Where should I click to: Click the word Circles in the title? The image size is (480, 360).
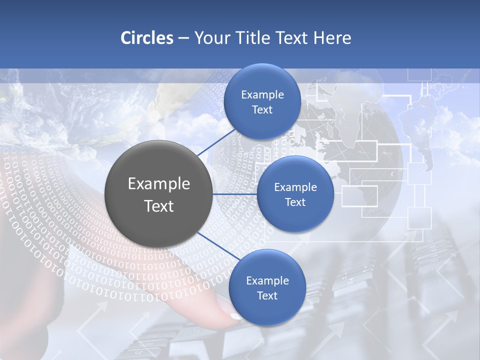click(x=147, y=38)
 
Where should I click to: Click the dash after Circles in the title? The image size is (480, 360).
click(x=183, y=38)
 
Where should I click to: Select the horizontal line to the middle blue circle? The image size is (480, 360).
click(x=235, y=194)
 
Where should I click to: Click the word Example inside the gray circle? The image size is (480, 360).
click(x=159, y=184)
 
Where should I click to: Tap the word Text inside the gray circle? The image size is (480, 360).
click(x=159, y=206)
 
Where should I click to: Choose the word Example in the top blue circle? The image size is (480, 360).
click(x=262, y=95)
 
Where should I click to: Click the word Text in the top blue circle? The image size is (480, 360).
click(x=262, y=110)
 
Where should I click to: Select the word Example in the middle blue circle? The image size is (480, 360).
click(x=295, y=187)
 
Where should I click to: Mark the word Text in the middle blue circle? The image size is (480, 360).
click(x=295, y=202)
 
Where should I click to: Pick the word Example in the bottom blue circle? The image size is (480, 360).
click(x=267, y=281)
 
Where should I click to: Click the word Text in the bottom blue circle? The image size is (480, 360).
click(x=267, y=296)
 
